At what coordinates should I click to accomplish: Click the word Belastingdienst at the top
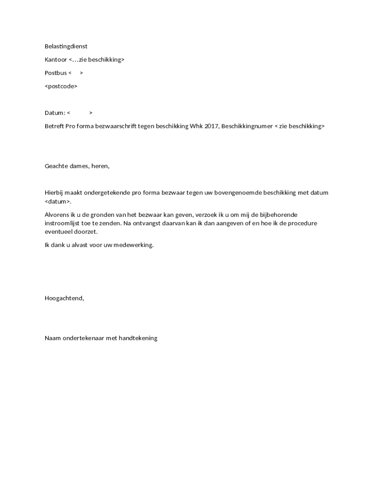(66, 46)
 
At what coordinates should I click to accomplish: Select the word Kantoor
(55, 59)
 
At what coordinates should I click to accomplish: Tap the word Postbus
(55, 73)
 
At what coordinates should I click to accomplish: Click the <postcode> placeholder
(61, 86)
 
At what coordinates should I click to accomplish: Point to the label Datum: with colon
(55, 113)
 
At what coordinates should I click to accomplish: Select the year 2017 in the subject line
(211, 126)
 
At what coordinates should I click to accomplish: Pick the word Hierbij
(54, 193)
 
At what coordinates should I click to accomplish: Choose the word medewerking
(134, 245)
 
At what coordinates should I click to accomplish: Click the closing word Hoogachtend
(64, 298)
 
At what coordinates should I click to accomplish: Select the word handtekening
(138, 338)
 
